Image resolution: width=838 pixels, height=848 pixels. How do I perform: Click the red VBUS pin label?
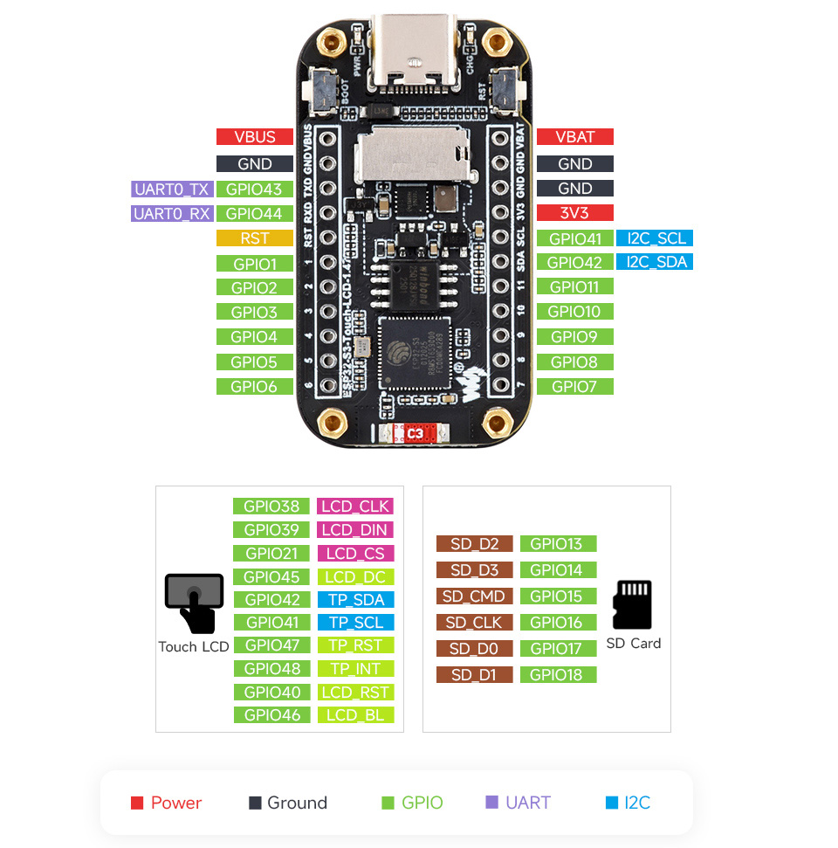(x=254, y=137)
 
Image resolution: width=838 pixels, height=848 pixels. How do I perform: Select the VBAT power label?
(x=574, y=137)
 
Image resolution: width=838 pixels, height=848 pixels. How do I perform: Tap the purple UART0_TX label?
(x=171, y=189)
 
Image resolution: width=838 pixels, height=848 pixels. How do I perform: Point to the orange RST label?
(x=254, y=238)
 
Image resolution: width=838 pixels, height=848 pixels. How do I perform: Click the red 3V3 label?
(x=574, y=212)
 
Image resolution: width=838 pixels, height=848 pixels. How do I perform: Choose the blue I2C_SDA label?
(x=654, y=262)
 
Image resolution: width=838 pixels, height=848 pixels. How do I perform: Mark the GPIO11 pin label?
(x=574, y=286)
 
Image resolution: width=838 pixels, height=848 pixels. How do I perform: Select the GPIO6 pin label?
(x=254, y=386)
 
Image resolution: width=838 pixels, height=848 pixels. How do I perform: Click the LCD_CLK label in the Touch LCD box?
(x=355, y=507)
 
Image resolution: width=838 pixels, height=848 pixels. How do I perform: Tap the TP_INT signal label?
(x=355, y=668)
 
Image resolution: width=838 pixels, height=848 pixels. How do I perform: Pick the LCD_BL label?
(x=355, y=715)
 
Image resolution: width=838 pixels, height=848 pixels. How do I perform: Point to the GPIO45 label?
(x=271, y=576)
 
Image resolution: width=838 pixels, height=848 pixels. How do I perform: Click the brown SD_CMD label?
(x=474, y=596)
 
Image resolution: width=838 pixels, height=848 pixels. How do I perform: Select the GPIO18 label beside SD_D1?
(x=557, y=674)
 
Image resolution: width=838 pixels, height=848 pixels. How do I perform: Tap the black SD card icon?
(x=632, y=604)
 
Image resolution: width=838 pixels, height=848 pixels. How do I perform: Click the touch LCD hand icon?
(x=195, y=602)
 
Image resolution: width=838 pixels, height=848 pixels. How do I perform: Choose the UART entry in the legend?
(x=518, y=803)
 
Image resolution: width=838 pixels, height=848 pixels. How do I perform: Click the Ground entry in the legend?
(x=288, y=803)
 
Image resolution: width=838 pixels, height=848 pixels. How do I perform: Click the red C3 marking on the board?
(x=415, y=433)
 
